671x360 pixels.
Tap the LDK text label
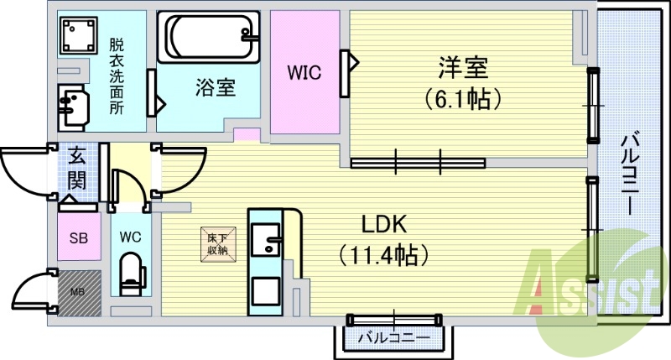point(384,225)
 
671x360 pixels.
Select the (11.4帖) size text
point(384,252)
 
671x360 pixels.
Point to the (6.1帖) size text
point(461,98)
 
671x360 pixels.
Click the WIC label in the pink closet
point(304,73)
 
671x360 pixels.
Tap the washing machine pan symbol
point(79,36)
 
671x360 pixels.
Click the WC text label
point(131,236)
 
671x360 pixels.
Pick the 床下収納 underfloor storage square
point(217,243)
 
